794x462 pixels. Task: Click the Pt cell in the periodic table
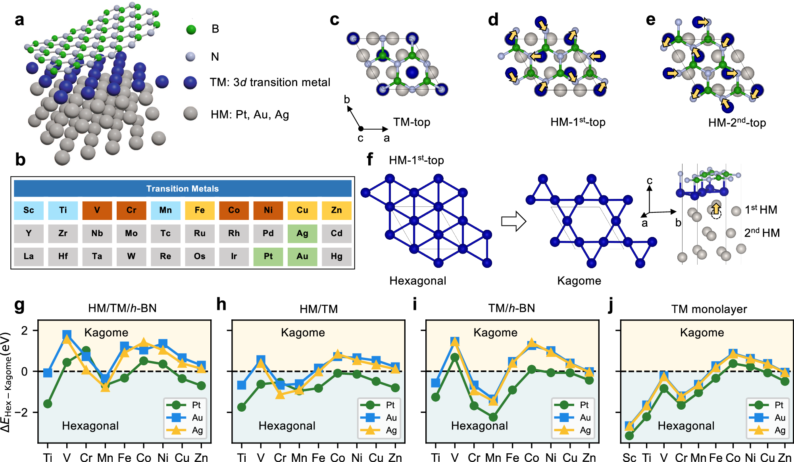click(268, 256)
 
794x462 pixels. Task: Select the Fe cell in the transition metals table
click(200, 210)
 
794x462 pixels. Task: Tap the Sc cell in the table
click(29, 210)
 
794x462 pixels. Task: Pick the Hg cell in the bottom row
click(336, 256)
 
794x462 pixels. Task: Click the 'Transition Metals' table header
click(183, 189)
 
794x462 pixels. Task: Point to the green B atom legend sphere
click(191, 29)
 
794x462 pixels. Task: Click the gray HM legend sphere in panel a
click(191, 114)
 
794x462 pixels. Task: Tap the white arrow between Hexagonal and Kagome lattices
click(513, 221)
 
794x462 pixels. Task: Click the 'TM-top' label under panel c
click(411, 122)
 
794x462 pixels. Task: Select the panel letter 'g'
click(19, 305)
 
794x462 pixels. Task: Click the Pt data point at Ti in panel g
click(48, 404)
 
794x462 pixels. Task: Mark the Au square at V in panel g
click(67, 335)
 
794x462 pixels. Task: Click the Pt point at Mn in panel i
click(493, 417)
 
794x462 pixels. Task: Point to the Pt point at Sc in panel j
click(629, 435)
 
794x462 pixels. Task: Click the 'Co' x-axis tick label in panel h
click(338, 458)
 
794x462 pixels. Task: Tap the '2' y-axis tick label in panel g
click(25, 330)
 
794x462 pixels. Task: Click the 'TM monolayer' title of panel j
click(709, 309)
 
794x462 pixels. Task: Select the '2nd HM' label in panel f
click(762, 233)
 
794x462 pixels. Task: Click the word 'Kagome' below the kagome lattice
click(579, 281)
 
